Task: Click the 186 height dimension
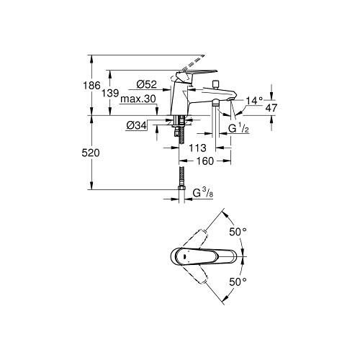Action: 91,86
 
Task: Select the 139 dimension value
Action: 110,93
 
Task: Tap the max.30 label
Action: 138,99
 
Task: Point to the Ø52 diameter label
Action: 146,84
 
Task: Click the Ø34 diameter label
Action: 136,125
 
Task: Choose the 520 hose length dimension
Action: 91,153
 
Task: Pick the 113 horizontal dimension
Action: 197,148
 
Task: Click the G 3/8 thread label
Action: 203,193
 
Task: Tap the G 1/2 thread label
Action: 238,129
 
